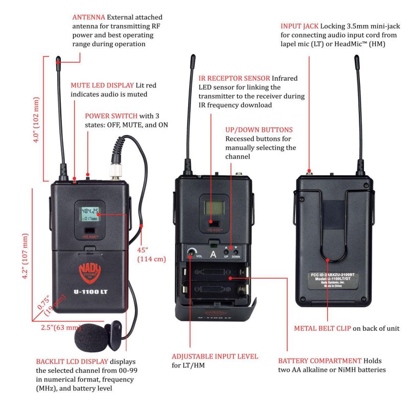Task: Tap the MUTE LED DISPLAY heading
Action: point(103,85)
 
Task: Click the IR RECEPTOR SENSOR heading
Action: point(234,78)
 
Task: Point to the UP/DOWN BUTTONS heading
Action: point(259,130)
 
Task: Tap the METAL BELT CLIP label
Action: point(322,328)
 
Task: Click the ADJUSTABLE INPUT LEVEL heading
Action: point(215,356)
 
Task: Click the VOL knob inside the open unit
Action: point(192,251)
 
